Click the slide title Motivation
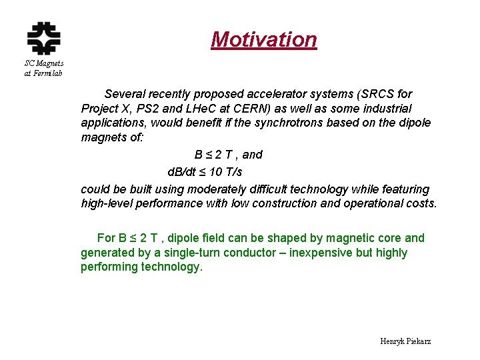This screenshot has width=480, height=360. (x=264, y=39)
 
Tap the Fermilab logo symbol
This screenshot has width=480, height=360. (x=43, y=37)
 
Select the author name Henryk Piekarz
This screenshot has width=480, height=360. (x=405, y=341)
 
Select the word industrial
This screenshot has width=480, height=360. (x=381, y=108)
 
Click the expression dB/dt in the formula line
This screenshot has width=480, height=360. (x=182, y=172)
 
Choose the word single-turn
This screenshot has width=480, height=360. (x=195, y=253)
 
